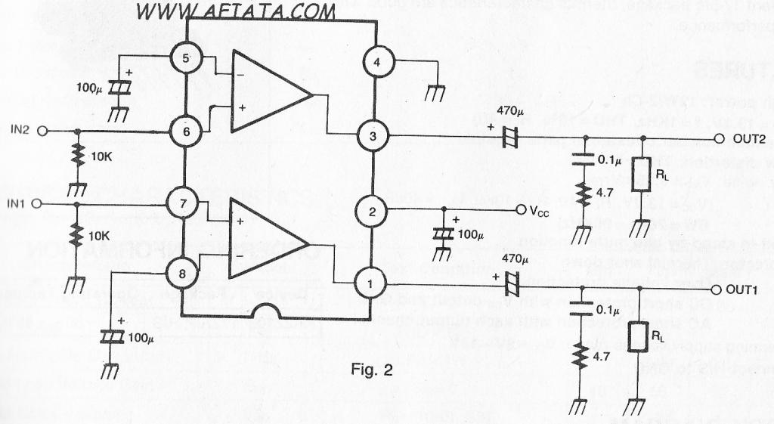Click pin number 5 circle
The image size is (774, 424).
tap(184, 58)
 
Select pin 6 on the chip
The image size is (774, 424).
tap(184, 131)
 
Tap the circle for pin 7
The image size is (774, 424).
tap(184, 203)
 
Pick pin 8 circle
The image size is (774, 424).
tap(184, 271)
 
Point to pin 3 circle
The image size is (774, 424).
tap(376, 136)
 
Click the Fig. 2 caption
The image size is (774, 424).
tap(373, 370)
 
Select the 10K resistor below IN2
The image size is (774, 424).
tap(76, 157)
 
